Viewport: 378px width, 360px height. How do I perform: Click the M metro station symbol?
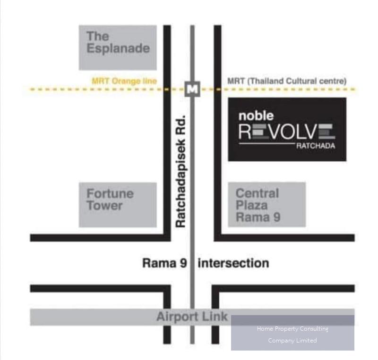pos(192,89)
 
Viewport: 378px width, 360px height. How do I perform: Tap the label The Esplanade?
pos(118,42)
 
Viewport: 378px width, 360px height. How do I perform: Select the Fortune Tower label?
pos(110,200)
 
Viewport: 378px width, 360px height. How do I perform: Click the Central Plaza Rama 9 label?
pos(258,205)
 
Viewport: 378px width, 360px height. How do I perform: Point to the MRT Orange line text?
pos(124,81)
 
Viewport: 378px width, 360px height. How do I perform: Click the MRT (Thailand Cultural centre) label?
pos(287,81)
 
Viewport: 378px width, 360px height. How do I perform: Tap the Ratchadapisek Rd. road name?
pos(181,172)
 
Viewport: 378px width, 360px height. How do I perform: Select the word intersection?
pos(233,263)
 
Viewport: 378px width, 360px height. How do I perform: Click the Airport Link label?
pos(192,316)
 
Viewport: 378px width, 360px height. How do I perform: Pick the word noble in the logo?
pos(256,116)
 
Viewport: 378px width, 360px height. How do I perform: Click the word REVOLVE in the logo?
pos(287,132)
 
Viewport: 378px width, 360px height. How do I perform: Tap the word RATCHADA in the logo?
pos(316,146)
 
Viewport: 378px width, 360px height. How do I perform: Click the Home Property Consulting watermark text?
pos(292,329)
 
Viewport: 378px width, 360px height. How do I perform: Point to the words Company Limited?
pos(292,341)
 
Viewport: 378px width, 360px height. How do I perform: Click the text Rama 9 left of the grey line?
pos(164,263)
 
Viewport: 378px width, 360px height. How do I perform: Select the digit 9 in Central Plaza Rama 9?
pos(277,217)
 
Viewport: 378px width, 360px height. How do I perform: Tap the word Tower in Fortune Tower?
pos(104,206)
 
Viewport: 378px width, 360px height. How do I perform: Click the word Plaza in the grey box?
pos(252,205)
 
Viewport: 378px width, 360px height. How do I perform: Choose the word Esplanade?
pos(118,48)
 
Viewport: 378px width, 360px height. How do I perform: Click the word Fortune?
pos(110,193)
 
